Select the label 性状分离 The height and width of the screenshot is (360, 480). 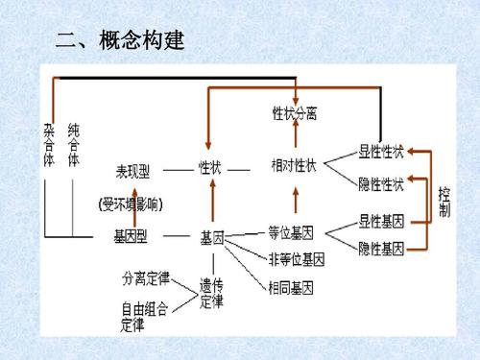(296, 113)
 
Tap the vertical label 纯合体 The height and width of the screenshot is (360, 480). (74, 143)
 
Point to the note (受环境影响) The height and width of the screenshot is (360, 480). (133, 204)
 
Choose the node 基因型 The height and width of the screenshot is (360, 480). (132, 236)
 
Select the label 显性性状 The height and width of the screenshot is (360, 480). (381, 151)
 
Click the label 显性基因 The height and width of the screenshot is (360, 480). (381, 220)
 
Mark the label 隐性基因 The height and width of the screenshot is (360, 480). (381, 249)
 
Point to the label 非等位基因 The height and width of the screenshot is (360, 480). (299, 258)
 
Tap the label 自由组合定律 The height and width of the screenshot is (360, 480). (145, 317)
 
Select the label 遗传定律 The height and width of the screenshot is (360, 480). (211, 293)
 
